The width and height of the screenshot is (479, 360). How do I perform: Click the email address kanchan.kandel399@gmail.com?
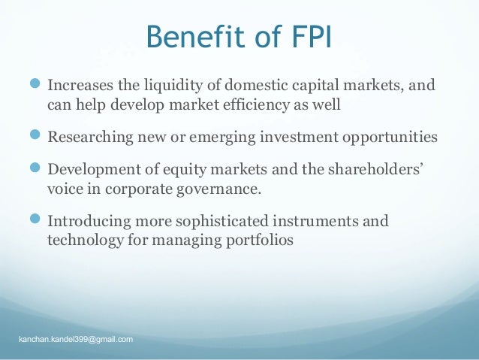[76, 340]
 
